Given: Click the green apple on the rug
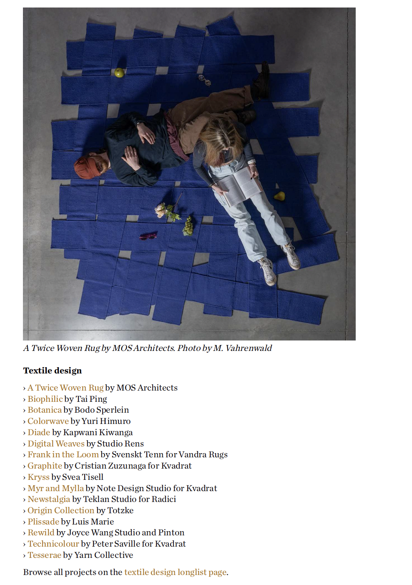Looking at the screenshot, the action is [x=119, y=73].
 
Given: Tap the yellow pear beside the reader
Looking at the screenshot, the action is [x=279, y=196].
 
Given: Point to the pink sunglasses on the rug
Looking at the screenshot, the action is [x=148, y=236].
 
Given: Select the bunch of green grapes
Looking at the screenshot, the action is [x=188, y=226].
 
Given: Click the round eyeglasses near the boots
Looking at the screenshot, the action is [x=204, y=80].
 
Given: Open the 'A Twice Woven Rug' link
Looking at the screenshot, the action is [x=65, y=388].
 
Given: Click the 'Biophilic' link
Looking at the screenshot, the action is [x=45, y=399].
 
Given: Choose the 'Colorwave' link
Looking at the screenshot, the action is [x=48, y=421].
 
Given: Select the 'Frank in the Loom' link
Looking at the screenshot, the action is [x=63, y=455].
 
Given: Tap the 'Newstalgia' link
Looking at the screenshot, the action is [x=49, y=499].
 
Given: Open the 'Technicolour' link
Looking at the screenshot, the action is [x=53, y=544].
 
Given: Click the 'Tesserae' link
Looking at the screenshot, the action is [x=44, y=555].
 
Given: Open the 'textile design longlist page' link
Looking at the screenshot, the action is [x=175, y=572].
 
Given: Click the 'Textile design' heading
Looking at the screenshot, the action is [x=53, y=371].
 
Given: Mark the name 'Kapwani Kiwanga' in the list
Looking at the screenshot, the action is [x=98, y=432].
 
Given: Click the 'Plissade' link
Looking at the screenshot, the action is [x=43, y=522].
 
